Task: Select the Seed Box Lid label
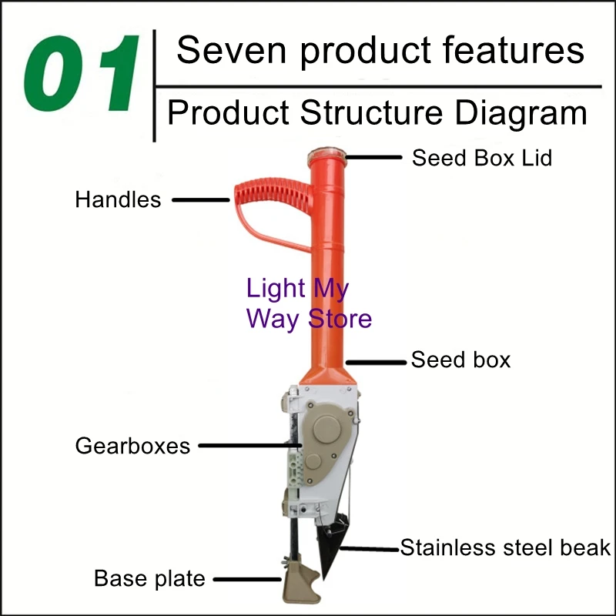[482, 158]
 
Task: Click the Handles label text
[118, 200]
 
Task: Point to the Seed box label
[460, 360]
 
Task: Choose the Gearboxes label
[132, 446]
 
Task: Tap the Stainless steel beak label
[505, 548]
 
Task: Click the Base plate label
[150, 578]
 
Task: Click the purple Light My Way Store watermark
[308, 303]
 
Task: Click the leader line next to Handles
[201, 200]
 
